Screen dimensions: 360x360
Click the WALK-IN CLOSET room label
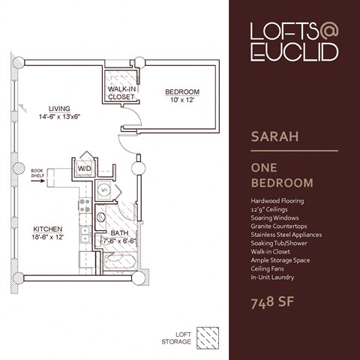[121, 93]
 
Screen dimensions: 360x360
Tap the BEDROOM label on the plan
[182, 91]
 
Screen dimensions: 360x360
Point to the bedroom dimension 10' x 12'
[182, 100]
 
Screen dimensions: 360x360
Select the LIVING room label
[59, 109]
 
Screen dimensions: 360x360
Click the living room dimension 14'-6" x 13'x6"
[59, 117]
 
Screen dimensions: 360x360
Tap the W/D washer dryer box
[84, 168]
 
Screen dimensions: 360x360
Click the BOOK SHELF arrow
[37, 180]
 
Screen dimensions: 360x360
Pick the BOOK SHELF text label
[37, 173]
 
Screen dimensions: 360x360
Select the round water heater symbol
[104, 190]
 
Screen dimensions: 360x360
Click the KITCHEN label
[48, 229]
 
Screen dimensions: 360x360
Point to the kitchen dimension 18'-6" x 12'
[48, 237]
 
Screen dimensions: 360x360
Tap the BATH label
[119, 233]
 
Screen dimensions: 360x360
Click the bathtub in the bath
[121, 261]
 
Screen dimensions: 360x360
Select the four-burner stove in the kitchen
[85, 205]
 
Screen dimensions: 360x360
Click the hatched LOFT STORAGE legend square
[208, 338]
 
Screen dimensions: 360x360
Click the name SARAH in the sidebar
[274, 136]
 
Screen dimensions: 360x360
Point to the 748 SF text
[272, 302]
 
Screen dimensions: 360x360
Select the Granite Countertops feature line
[279, 226]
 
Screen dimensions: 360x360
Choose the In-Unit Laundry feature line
[272, 277]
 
